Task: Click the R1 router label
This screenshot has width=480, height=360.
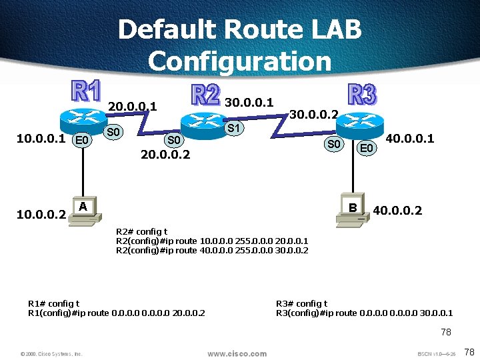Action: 86,92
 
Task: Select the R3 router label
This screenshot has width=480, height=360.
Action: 363,94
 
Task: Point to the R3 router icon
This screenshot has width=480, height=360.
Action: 361,123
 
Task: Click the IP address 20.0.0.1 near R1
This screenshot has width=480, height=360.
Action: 133,107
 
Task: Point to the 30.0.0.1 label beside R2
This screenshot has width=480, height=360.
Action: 249,102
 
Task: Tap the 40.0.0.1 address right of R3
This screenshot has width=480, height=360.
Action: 410,139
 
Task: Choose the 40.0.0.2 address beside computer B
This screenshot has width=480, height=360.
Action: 397,211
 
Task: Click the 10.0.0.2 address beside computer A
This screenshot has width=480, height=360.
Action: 41,215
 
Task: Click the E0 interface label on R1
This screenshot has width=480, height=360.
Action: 82,140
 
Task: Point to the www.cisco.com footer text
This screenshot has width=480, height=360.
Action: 237,353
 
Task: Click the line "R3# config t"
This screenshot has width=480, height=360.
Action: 301,303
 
